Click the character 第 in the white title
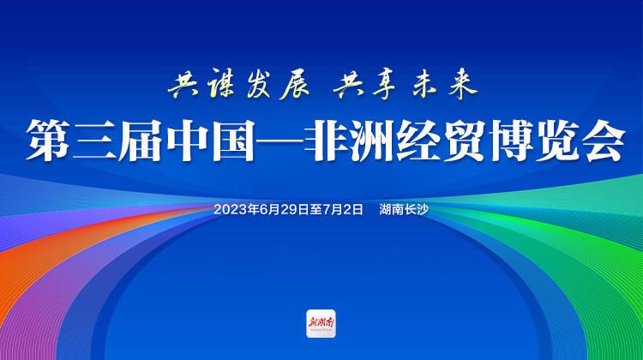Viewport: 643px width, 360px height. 47,141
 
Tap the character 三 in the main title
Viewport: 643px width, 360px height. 94,141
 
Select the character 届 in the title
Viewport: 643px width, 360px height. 141,141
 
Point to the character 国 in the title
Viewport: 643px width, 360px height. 233,141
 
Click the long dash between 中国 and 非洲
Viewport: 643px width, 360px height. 279,141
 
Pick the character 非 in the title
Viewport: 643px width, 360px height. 326,141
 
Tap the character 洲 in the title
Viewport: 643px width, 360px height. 373,141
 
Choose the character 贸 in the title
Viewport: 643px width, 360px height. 466,141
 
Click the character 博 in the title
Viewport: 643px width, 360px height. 512,141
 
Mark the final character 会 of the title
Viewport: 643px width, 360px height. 604,141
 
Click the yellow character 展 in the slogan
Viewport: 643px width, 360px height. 295,85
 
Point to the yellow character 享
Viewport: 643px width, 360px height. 383,85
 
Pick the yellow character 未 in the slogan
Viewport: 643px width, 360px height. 424,85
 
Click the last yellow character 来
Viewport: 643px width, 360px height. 463,85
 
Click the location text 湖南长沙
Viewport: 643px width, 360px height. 404,209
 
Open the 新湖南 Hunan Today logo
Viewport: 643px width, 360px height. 321,323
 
